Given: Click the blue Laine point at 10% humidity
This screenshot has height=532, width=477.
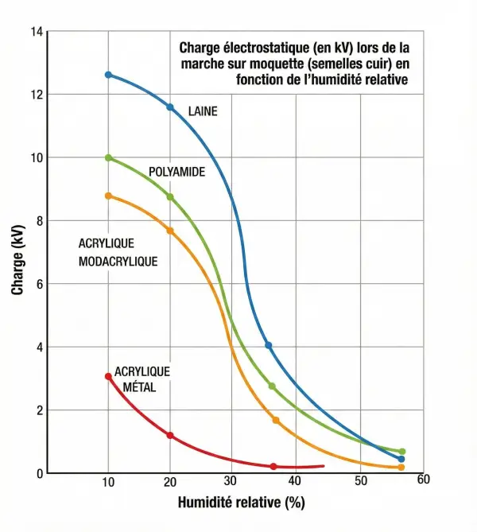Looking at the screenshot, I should (x=109, y=75).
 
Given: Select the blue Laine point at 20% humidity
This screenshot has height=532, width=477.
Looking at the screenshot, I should (x=170, y=107).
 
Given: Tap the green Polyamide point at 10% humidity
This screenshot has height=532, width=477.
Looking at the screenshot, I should (x=109, y=157).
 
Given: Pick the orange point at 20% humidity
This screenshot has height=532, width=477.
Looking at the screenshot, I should (x=170, y=231).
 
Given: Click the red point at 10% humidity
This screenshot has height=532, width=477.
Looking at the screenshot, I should (x=109, y=376).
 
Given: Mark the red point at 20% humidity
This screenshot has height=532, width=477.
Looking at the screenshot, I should (x=170, y=435).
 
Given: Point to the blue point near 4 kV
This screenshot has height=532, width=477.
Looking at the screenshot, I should (x=269, y=345).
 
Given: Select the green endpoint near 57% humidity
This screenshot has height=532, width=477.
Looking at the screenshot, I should (x=401, y=452).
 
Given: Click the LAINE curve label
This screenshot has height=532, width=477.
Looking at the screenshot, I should (x=202, y=112).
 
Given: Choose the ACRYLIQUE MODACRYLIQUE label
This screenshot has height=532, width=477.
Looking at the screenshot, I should (x=118, y=251).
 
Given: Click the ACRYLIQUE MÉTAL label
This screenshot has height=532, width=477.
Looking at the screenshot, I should (x=142, y=379).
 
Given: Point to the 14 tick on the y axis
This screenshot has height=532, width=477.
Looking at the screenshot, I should (x=37, y=32).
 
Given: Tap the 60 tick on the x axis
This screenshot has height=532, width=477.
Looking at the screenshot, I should (x=422, y=480).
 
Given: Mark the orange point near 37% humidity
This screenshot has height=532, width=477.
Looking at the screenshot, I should (x=276, y=420).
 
